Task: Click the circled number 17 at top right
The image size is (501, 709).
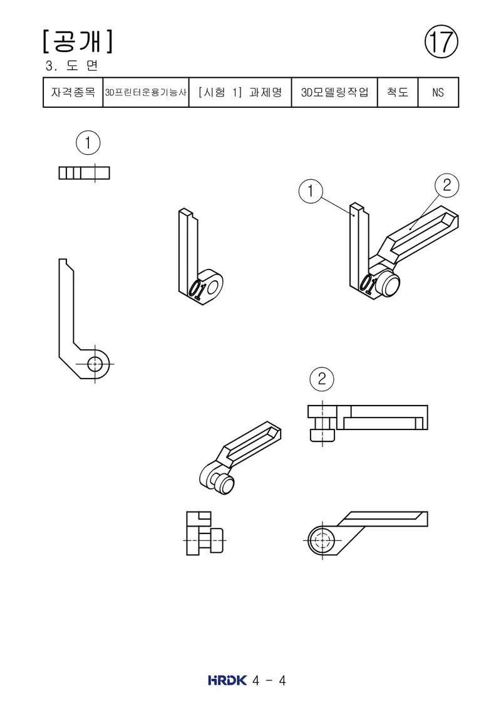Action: (x=442, y=41)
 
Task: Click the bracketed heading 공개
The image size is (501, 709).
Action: (x=78, y=41)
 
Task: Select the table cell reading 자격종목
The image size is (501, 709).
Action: (x=73, y=92)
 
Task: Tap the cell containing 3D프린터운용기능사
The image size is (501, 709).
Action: (x=146, y=92)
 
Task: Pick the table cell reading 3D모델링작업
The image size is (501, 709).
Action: (x=335, y=92)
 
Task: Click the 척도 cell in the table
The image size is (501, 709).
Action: (x=398, y=92)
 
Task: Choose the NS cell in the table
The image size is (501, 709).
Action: (x=438, y=92)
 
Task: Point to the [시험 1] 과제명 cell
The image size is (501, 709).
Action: (x=240, y=92)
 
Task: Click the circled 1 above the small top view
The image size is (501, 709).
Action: (x=88, y=143)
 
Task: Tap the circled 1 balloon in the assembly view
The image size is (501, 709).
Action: (x=311, y=191)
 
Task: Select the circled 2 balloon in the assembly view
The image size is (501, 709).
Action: (x=447, y=185)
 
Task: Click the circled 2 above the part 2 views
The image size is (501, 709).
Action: (x=322, y=379)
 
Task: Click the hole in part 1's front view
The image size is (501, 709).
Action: (x=95, y=364)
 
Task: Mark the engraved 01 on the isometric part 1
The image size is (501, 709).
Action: (x=197, y=290)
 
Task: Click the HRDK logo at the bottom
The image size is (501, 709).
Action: (x=227, y=680)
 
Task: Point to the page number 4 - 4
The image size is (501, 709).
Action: (x=269, y=681)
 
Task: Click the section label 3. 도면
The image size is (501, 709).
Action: (x=71, y=66)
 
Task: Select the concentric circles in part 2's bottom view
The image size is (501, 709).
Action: (x=322, y=540)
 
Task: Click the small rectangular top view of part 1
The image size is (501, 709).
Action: (x=84, y=173)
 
